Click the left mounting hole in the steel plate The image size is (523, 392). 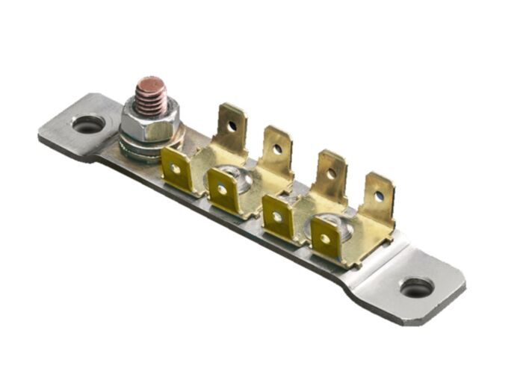tap(88, 125)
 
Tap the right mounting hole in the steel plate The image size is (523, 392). tap(416, 287)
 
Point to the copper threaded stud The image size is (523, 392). tap(152, 96)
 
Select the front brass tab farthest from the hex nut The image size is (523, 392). tap(325, 239)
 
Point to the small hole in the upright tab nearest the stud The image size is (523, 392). tap(232, 125)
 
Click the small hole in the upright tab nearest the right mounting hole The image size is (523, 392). tap(379, 196)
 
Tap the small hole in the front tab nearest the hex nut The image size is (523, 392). tap(176, 168)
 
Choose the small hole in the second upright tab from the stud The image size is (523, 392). tap(277, 149)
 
